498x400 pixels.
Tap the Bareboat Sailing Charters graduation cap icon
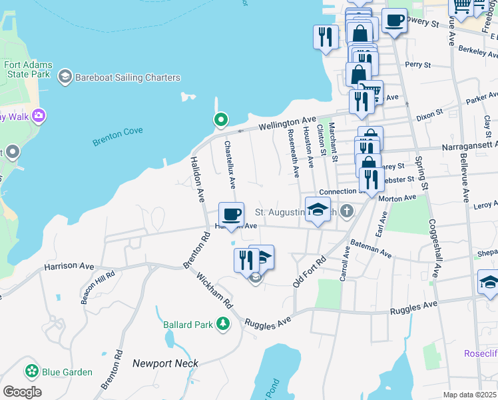coord(65,77)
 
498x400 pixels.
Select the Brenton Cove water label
coord(117,131)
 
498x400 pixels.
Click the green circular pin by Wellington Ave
coord(221,120)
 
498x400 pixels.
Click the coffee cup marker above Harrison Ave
coord(231,215)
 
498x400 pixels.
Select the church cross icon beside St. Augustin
coord(346,212)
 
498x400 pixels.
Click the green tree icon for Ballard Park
coord(223,325)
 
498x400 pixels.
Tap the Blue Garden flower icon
coord(31,371)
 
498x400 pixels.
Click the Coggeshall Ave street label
coord(433,248)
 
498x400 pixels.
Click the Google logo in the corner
coord(22,391)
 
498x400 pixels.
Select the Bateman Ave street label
coord(371,249)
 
